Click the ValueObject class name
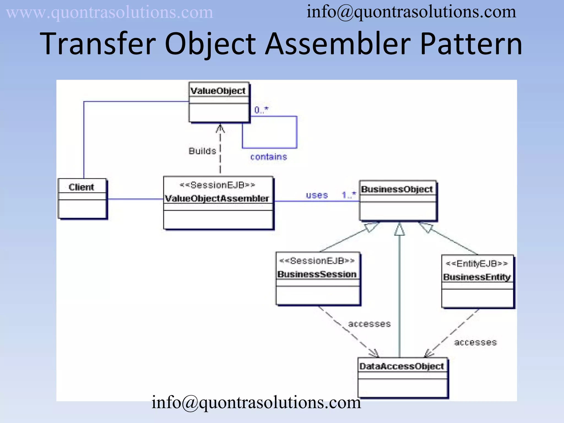pos(218,91)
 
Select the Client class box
pos(82,199)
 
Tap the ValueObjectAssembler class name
pos(217,199)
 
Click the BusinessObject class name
pos(397,189)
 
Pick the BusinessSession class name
pos(317,274)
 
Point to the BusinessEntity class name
pos(477,277)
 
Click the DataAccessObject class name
pos(402,366)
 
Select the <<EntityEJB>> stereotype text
pos(477,264)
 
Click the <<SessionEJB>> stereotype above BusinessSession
pos(317,261)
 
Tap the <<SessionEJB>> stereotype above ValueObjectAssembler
pos(217,185)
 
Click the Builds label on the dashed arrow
pos(202,151)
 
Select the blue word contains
pos(269,157)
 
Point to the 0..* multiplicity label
pos(261,110)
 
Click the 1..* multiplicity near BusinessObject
pos(349,195)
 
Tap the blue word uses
pos(317,195)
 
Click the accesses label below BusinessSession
pos(369,324)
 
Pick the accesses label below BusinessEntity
pos(475,343)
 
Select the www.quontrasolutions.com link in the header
pos(110,13)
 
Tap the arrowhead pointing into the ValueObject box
pos(220,128)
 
